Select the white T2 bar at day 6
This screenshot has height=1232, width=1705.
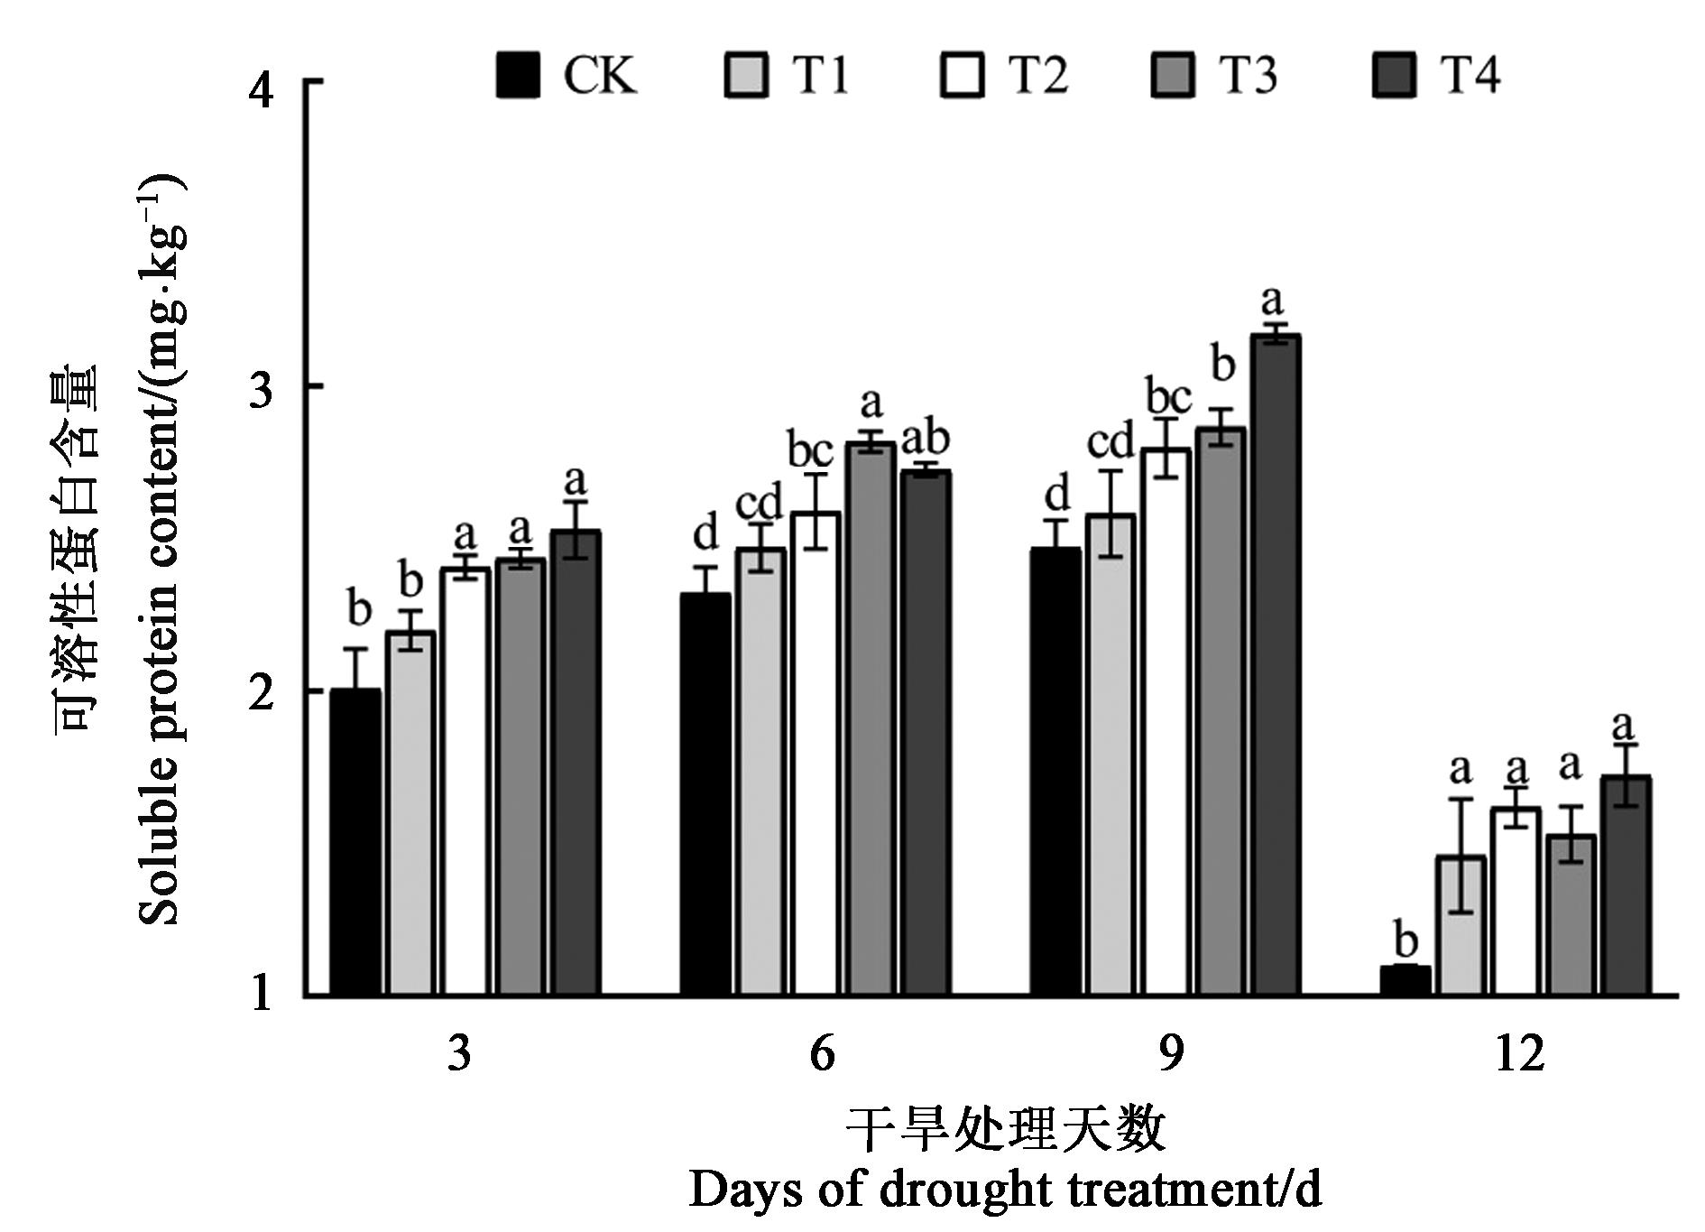coord(816,754)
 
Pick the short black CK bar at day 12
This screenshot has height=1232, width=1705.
coord(1405,980)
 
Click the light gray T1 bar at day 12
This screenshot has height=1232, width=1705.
coord(1461,925)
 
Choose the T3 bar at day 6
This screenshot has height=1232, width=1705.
coord(871,718)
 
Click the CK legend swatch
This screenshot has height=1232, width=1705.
coord(518,75)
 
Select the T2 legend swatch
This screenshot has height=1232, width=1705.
coord(962,75)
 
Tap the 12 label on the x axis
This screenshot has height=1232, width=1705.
coord(1519,1053)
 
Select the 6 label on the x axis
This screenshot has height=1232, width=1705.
coord(822,1053)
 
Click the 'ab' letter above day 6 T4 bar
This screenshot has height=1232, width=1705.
coord(926,439)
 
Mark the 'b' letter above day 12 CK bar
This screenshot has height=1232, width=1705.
coord(1405,940)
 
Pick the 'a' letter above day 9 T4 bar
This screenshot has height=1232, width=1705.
coord(1272,301)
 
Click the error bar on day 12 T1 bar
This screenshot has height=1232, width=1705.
coord(1461,855)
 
